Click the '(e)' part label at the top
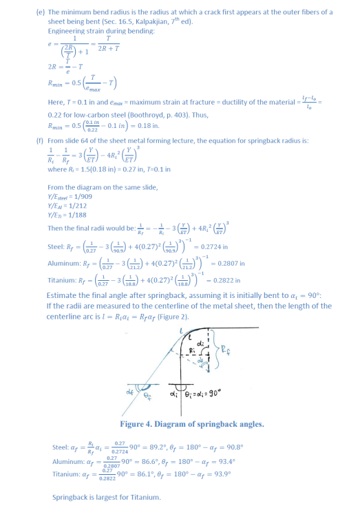(40, 12)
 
